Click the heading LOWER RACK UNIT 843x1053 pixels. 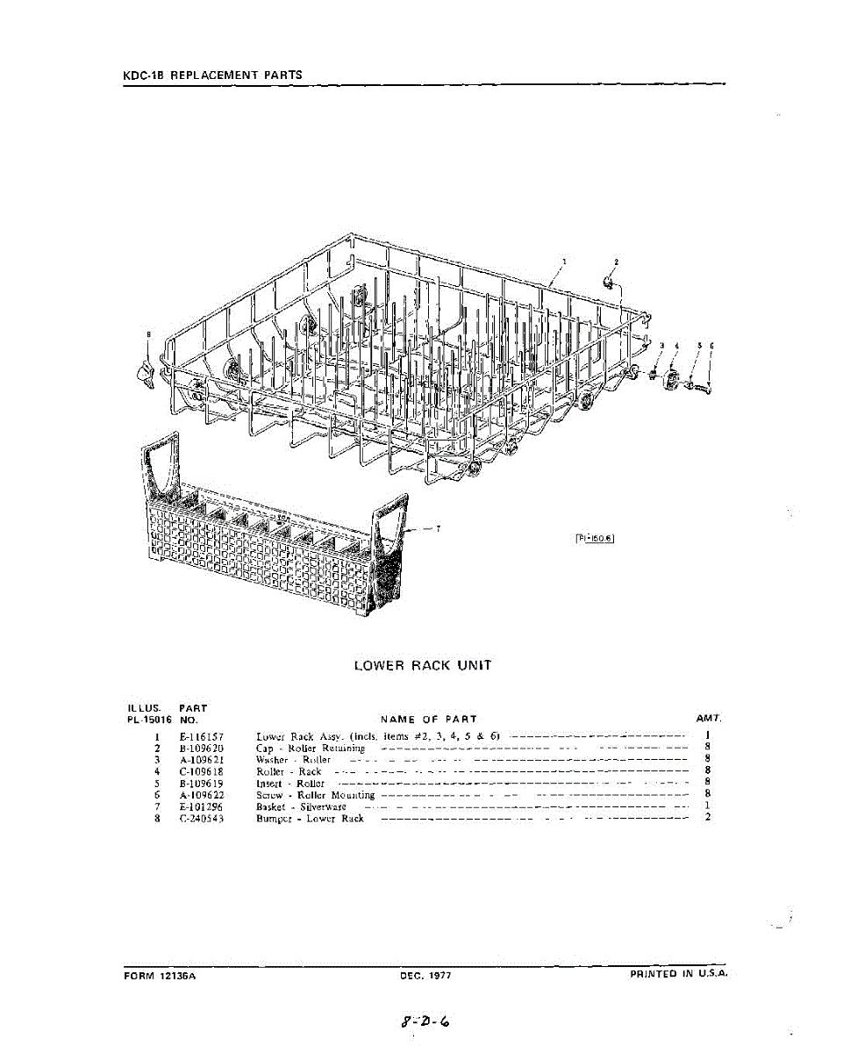[x=422, y=665]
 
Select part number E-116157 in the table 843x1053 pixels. [x=201, y=736]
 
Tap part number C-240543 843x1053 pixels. [x=201, y=818]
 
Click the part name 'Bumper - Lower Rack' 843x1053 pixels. [x=310, y=818]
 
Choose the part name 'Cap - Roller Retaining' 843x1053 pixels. [x=311, y=748]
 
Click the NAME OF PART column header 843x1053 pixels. [x=429, y=719]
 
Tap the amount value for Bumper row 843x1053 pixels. [x=707, y=818]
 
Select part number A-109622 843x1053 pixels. [x=201, y=794]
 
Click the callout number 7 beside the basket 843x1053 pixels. [x=438, y=528]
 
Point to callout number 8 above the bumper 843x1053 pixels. [x=148, y=334]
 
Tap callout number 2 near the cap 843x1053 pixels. [x=616, y=261]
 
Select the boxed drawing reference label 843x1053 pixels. [x=593, y=539]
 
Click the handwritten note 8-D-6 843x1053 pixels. [x=425, y=1021]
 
